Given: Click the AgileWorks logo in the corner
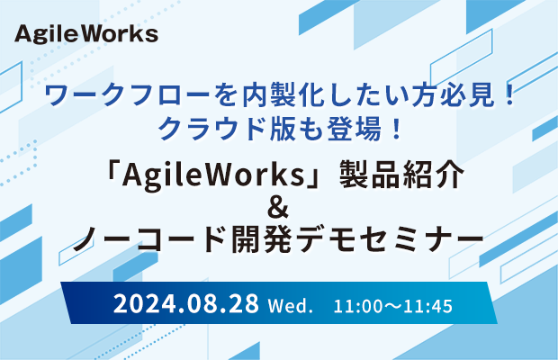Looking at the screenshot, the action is click(x=86, y=34).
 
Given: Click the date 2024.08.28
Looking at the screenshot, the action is click(x=185, y=304).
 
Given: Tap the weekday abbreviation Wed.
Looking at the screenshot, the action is click(x=290, y=306).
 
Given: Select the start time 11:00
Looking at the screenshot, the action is click(x=353, y=306).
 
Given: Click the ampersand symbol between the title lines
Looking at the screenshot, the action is click(x=278, y=209).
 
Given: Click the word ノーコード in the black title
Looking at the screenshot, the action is click(x=149, y=239).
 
